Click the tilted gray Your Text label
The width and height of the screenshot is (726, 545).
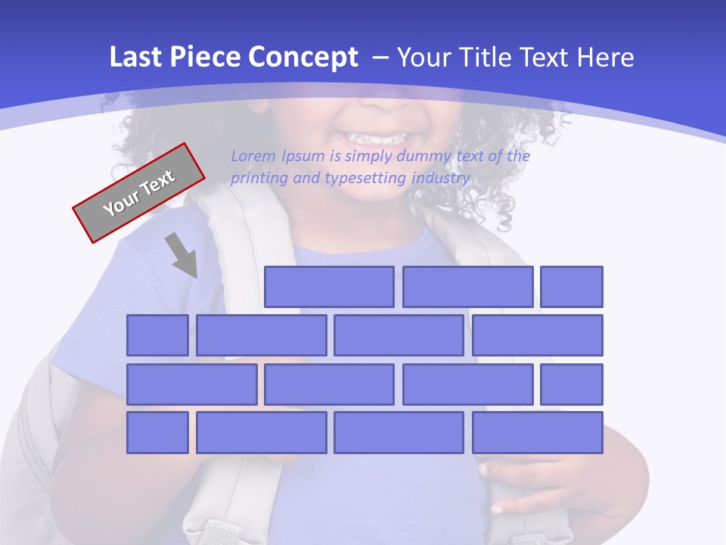pos(138,193)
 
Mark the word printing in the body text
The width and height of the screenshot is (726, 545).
pos(259,179)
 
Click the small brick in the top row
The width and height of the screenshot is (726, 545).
pos(572,287)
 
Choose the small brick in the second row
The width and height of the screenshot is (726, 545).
pos(157,335)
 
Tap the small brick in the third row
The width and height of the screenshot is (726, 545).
pos(572,384)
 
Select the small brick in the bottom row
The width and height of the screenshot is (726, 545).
pos(157,433)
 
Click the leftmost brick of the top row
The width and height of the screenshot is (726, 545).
pos(329,287)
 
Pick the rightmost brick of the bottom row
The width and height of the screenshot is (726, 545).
pos(538,433)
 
